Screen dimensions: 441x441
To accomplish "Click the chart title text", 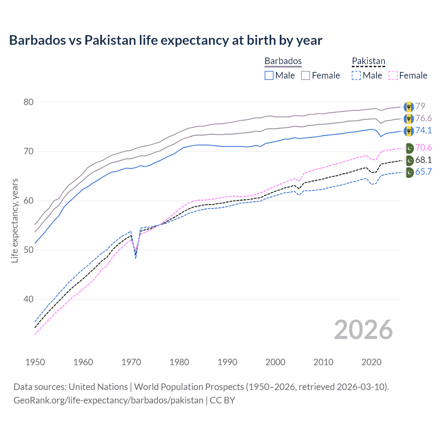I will (x=165, y=40).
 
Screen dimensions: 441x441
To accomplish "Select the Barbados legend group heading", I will (x=283, y=61).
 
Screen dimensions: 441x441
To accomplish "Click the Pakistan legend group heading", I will (x=368, y=61).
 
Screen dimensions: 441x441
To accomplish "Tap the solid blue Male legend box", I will (x=269, y=75).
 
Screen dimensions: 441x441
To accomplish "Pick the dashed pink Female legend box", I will (x=393, y=75).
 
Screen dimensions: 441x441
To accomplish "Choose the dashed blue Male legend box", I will (x=356, y=75).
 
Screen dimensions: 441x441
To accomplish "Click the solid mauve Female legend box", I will (x=306, y=75).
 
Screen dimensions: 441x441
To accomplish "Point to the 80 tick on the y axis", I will (x=29, y=102).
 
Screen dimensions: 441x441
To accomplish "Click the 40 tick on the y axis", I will (x=29, y=299).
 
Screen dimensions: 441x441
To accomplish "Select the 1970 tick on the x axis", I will (x=131, y=362).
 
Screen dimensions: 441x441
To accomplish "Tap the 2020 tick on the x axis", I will (x=371, y=362).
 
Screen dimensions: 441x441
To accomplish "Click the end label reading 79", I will (x=420, y=106).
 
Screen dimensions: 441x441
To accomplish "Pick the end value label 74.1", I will (x=423, y=130).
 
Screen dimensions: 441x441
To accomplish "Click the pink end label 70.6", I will (x=423, y=148).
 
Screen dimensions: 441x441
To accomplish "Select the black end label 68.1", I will (x=423, y=160).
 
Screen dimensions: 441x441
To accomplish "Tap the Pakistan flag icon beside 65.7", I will (x=409, y=172).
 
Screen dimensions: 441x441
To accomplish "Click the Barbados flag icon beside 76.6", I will (x=409, y=119).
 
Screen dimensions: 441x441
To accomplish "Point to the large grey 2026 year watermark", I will (x=363, y=330).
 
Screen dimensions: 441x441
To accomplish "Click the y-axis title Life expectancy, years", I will (x=14, y=220).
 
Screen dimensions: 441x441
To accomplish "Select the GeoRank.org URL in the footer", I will (x=108, y=400).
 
